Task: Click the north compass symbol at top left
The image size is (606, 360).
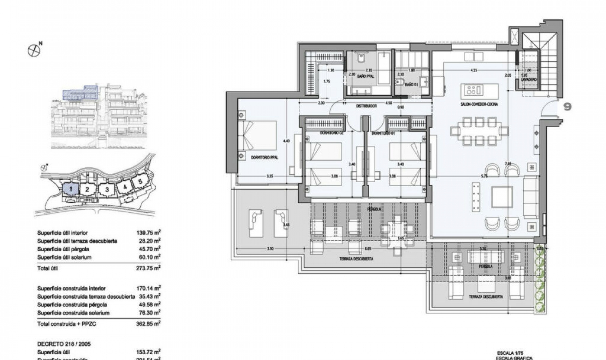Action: pos(34,51)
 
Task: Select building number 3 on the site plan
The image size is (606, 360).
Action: pos(107,190)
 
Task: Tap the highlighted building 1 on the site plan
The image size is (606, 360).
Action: pos(71,189)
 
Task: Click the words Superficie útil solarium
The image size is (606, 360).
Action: pos(64,257)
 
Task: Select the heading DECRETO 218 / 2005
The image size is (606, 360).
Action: pos(64,344)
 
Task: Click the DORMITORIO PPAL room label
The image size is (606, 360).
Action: pos(264,157)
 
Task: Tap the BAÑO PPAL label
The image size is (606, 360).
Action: pos(366,76)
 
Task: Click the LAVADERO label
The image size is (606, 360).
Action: pos(529,80)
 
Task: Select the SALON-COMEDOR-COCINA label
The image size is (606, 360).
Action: pos(479,104)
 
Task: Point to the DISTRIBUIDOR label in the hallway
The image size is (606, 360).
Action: pos(366,106)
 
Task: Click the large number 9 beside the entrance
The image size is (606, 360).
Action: pos(567,107)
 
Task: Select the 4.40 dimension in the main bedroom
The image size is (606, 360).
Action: pos(286,141)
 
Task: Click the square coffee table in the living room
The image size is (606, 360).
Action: pos(502,197)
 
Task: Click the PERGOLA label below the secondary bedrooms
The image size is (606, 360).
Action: pos(374,209)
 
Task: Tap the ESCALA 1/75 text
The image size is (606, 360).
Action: pos(508,353)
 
